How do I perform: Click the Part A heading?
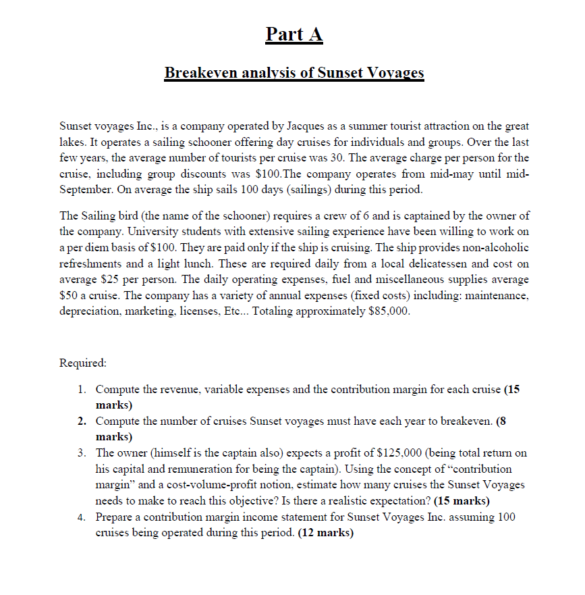294,34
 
